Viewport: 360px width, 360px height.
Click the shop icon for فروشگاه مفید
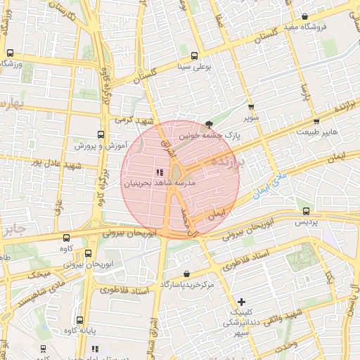tap(304, 17)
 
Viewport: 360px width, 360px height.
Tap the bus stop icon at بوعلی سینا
tap(195, 56)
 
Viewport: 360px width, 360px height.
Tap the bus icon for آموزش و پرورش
tap(100, 134)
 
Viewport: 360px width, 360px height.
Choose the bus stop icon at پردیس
tap(306, 211)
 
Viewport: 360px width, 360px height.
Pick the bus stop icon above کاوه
tap(66, 238)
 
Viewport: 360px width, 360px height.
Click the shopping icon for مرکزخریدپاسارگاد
tap(186, 274)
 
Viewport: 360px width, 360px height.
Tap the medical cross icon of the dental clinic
tap(242, 301)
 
